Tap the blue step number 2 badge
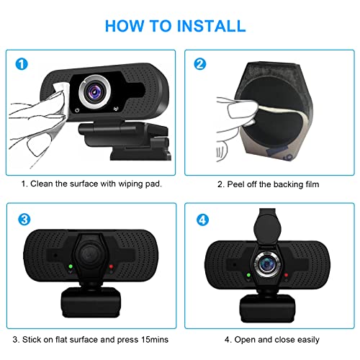pos(199,64)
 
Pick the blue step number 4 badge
pos(199,219)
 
